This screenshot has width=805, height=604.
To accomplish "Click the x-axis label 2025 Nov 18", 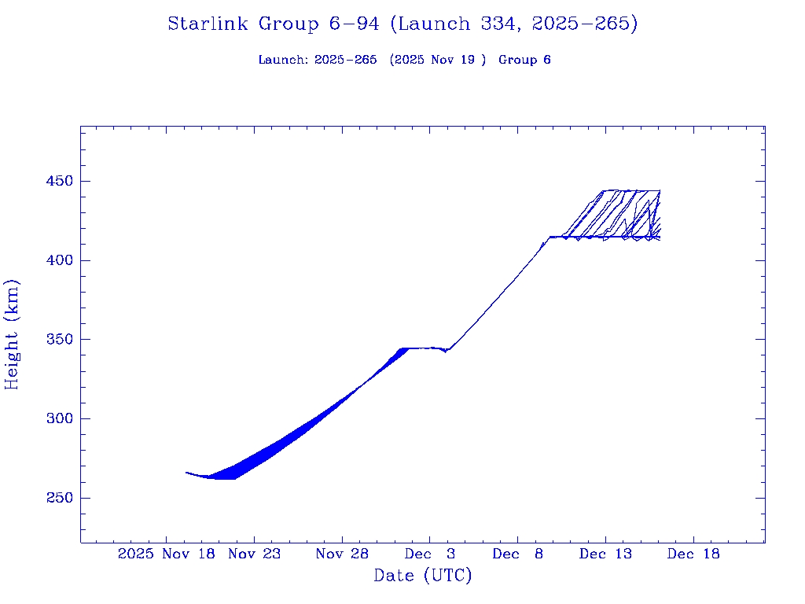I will pyautogui.click(x=167, y=554).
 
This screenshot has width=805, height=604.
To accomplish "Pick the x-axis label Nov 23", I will pyautogui.click(x=254, y=554).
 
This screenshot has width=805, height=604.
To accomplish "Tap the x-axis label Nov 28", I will pyautogui.click(x=342, y=554).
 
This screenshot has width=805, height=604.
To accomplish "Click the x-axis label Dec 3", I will pyautogui.click(x=430, y=554).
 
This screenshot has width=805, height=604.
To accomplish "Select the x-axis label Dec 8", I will pyautogui.click(x=517, y=554).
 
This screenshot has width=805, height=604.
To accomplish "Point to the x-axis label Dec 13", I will pyautogui.click(x=605, y=554).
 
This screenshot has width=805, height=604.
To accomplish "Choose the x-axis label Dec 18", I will pyautogui.click(x=693, y=554).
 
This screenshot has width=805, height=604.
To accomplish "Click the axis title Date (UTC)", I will pyautogui.click(x=423, y=576).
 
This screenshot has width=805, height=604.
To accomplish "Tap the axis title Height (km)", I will pyautogui.click(x=13, y=334).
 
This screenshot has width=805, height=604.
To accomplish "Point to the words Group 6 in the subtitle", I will pyautogui.click(x=524, y=60).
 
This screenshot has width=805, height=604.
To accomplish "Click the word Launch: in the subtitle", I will pyautogui.click(x=283, y=60).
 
